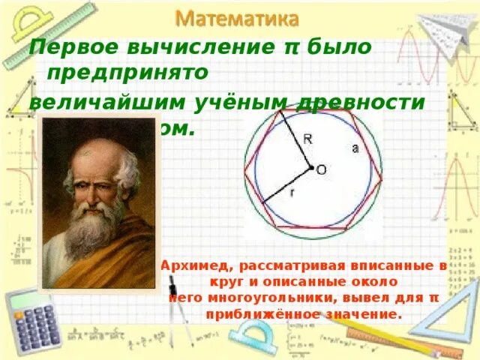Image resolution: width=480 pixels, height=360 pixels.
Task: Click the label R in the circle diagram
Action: [307, 138]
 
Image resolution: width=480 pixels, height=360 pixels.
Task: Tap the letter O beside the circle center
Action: [321, 170]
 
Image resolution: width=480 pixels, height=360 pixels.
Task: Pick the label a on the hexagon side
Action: [355, 148]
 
